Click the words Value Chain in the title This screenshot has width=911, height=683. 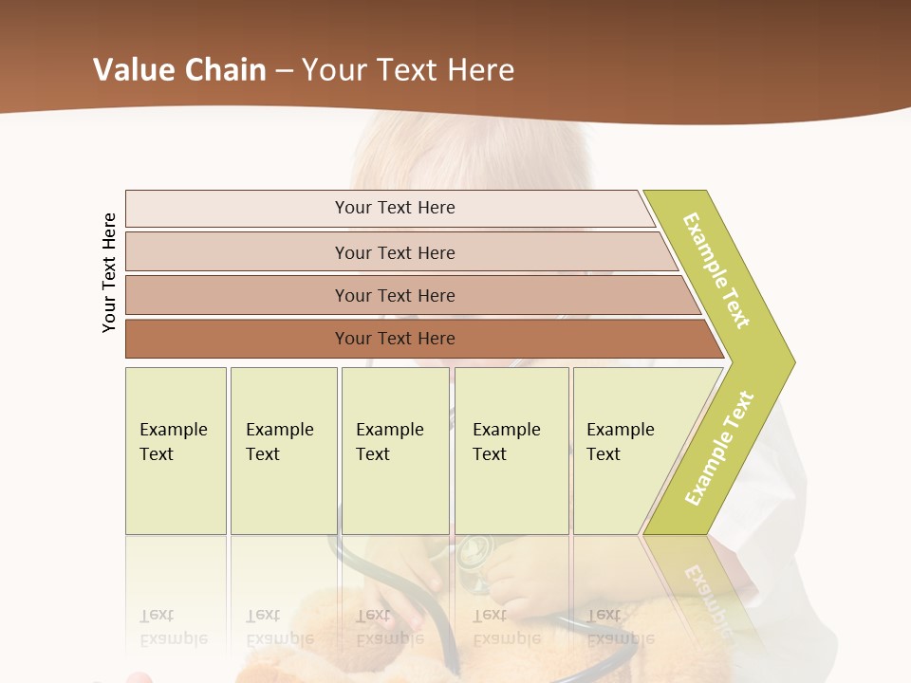tap(179, 70)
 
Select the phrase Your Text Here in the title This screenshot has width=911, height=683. tap(408, 70)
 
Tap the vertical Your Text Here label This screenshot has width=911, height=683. tap(109, 272)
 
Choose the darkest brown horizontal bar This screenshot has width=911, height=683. tap(237, 339)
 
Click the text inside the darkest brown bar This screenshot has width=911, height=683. tap(395, 339)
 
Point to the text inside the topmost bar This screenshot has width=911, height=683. tap(395, 208)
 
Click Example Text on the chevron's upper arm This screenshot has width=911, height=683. tap(716, 270)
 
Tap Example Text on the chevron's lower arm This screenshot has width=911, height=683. tap(719, 448)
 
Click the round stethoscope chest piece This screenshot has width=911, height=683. tap(474, 551)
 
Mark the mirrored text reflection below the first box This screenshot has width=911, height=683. tap(174, 626)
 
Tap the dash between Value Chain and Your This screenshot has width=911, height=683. tap(284, 71)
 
